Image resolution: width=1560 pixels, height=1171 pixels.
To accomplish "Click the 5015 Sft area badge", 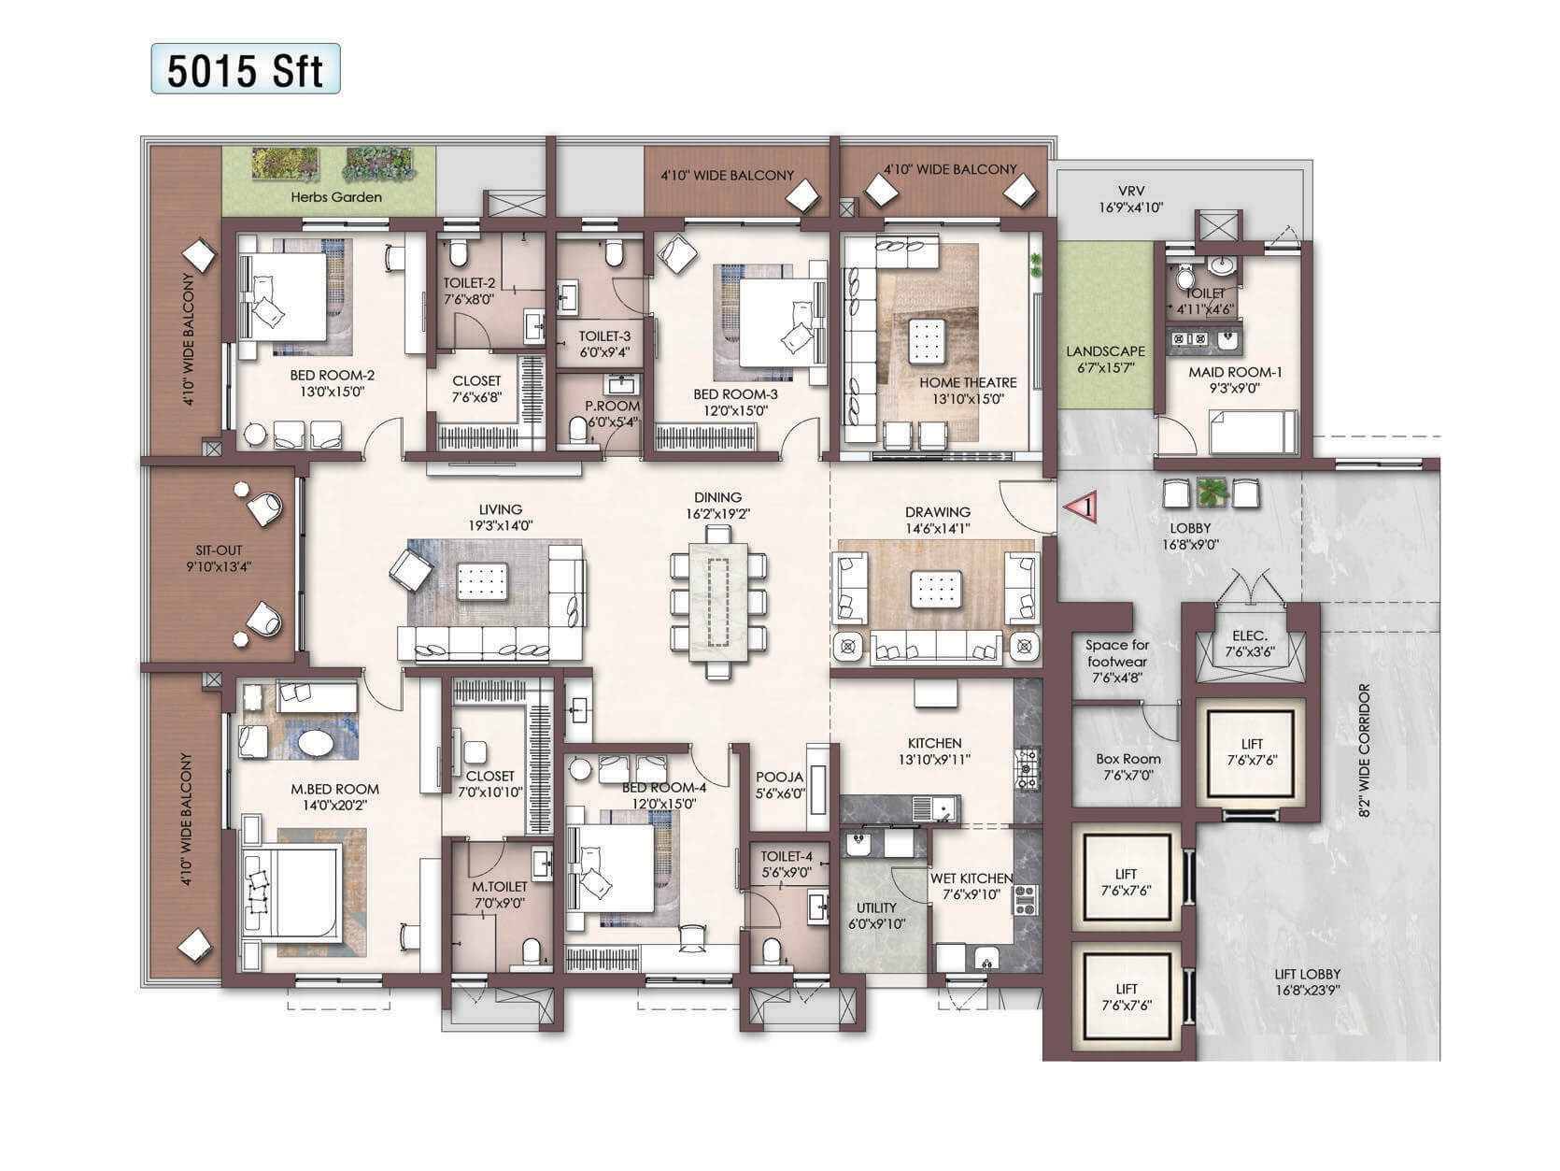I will click(246, 70).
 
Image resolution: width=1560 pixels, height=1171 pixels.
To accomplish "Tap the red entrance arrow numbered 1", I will click(1080, 507).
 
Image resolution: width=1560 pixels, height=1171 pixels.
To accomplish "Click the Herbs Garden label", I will click(335, 197).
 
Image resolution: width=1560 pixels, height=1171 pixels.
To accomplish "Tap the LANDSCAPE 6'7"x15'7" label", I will click(1105, 360).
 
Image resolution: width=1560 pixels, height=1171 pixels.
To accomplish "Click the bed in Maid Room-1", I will click(1252, 433).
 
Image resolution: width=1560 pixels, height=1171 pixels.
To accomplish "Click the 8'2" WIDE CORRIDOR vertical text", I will click(1365, 751).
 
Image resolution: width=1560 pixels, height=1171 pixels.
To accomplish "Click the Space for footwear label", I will click(1116, 661).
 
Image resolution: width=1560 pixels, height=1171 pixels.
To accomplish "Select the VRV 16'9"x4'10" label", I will click(1130, 199).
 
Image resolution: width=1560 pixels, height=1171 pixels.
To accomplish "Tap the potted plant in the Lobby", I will click(1211, 492).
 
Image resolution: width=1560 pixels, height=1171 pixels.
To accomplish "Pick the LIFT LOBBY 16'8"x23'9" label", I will click(1307, 981).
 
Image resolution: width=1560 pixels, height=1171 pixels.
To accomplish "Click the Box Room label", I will click(1127, 767).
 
